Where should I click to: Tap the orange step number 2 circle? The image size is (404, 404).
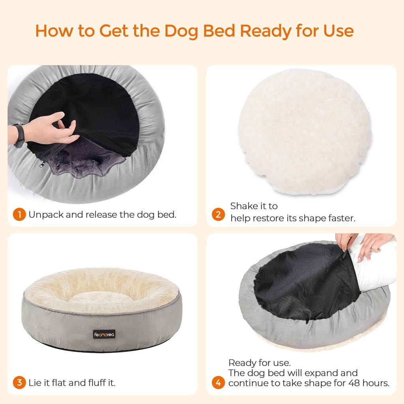tap(218, 215)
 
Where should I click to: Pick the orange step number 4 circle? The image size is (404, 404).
tap(218, 382)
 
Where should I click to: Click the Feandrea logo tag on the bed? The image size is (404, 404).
tap(105, 334)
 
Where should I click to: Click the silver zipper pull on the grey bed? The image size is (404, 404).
tap(41, 166)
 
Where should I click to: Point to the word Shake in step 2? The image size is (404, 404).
tap(243, 206)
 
